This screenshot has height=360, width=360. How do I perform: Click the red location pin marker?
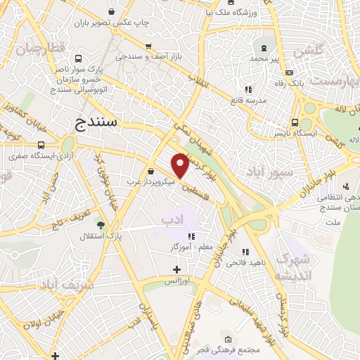tap(181, 165)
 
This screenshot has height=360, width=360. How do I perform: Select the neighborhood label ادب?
tap(177, 220)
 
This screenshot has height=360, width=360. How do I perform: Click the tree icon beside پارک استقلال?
tap(101, 226)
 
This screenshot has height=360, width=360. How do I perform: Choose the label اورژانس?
tap(179, 281)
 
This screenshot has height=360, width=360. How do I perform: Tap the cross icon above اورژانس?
tap(176, 269)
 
